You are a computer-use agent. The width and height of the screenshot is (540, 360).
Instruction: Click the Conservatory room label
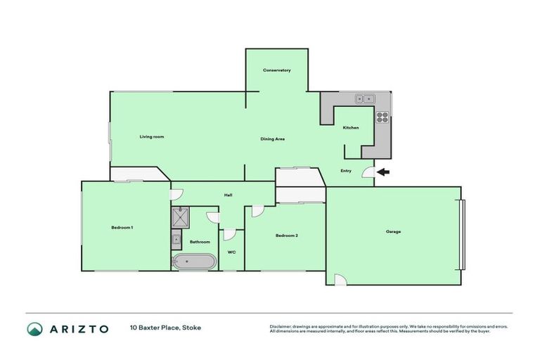(276, 70)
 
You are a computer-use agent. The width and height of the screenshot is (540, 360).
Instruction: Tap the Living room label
(151, 136)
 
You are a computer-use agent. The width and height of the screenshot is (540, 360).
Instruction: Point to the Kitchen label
(351, 127)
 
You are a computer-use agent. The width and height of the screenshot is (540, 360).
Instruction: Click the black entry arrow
(382, 172)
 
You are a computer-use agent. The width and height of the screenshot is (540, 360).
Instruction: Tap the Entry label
(346, 170)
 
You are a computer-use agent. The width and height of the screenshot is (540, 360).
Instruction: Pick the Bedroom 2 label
(287, 235)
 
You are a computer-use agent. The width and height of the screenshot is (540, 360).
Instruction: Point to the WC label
(231, 251)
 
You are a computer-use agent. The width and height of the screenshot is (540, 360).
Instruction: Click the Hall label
(229, 195)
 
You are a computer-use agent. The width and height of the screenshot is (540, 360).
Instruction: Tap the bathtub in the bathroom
(193, 262)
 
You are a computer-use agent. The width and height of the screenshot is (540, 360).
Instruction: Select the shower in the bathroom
(180, 217)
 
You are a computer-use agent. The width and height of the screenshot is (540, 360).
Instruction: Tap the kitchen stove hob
(383, 117)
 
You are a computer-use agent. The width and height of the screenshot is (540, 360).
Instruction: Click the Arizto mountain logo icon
(34, 329)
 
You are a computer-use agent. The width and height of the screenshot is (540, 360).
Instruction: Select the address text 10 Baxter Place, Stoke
(165, 328)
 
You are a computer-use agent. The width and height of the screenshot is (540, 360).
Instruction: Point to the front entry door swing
(368, 173)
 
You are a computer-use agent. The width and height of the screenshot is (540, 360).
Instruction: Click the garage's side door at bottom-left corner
(340, 280)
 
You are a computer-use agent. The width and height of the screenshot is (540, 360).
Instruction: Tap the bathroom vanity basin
(176, 240)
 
